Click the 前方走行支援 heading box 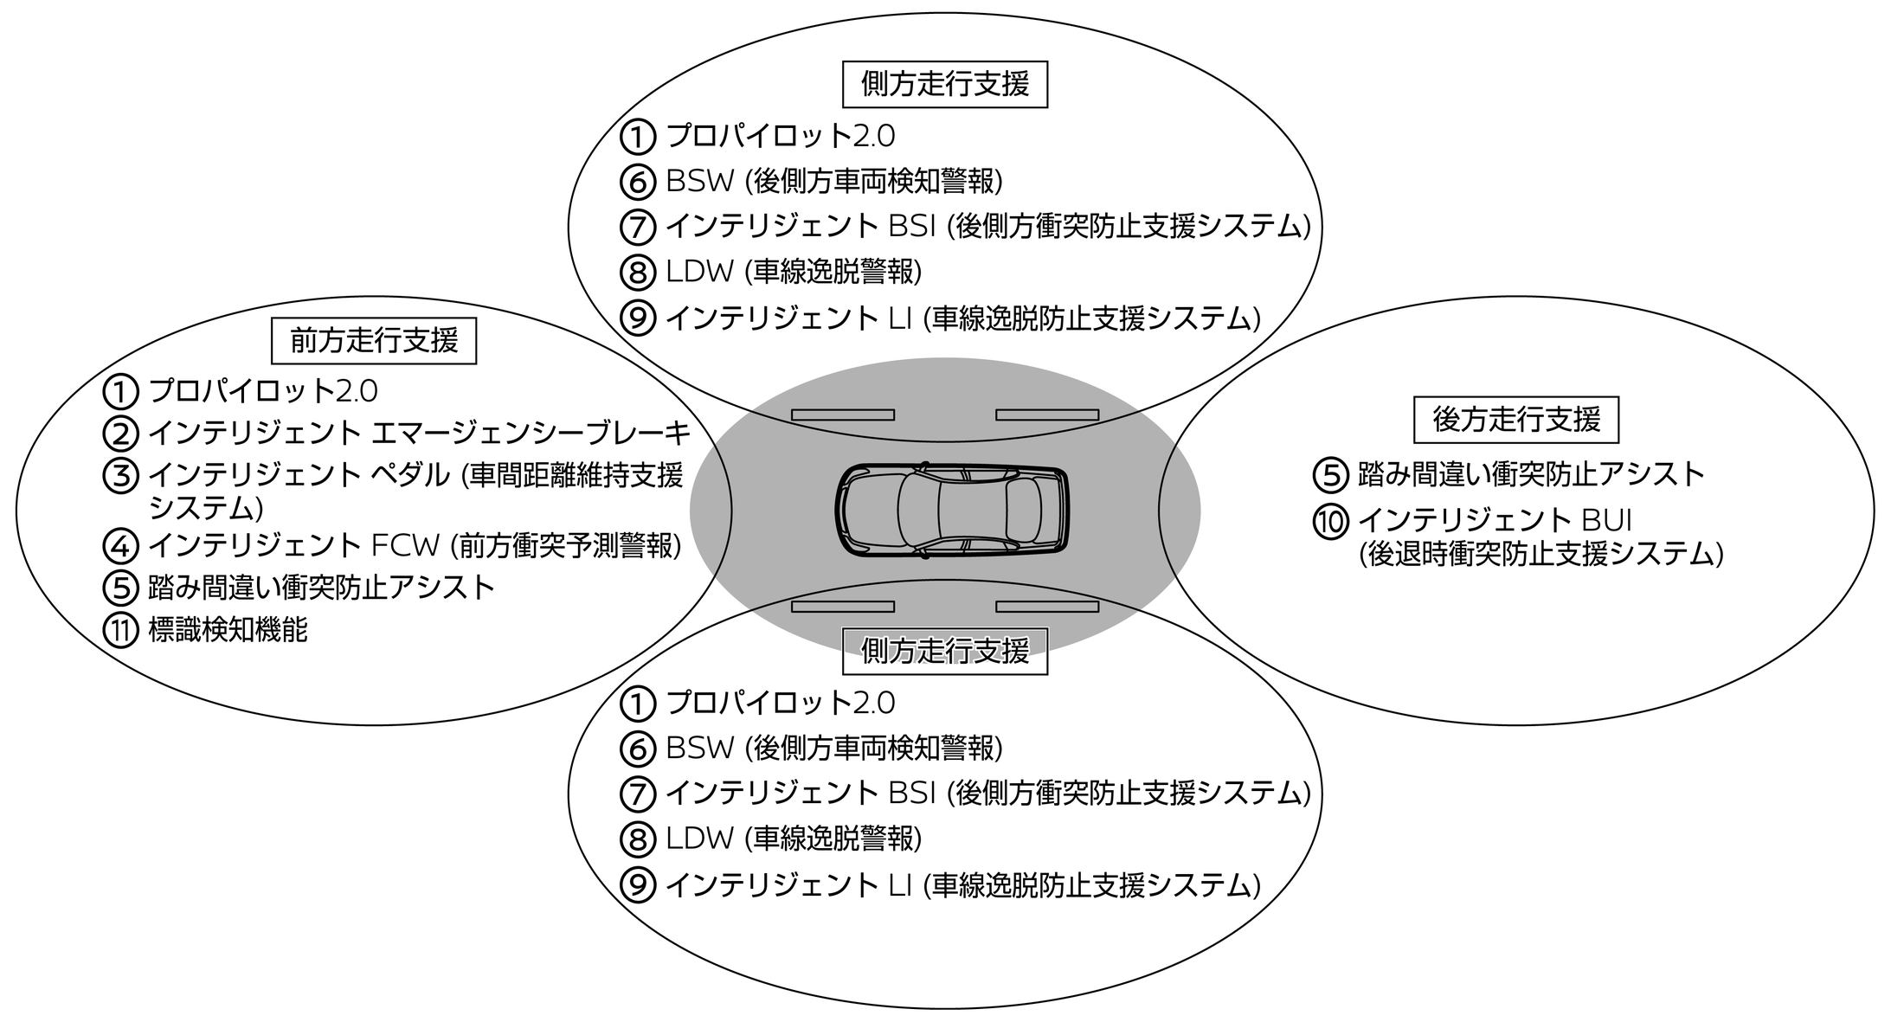(x=374, y=341)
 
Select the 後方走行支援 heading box (x=1515, y=420)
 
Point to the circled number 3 (x=120, y=476)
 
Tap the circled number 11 (x=120, y=630)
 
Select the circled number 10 (x=1330, y=521)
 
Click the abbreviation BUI (x=1606, y=520)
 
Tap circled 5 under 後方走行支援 (x=1330, y=474)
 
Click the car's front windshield (x=917, y=511)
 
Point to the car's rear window (x=1024, y=511)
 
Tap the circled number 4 (x=120, y=546)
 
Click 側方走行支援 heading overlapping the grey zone (x=945, y=651)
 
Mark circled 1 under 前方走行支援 (x=120, y=392)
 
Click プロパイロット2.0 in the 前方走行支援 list (x=263, y=391)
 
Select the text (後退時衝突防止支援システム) (x=1540, y=553)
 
